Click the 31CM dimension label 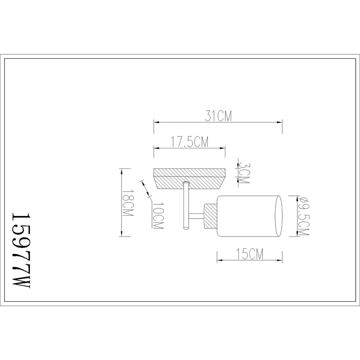click(x=219, y=116)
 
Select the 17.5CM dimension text click(x=190, y=142)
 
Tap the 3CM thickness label click(x=244, y=173)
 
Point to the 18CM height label click(x=128, y=203)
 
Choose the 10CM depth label click(x=158, y=216)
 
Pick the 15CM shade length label click(x=250, y=254)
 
